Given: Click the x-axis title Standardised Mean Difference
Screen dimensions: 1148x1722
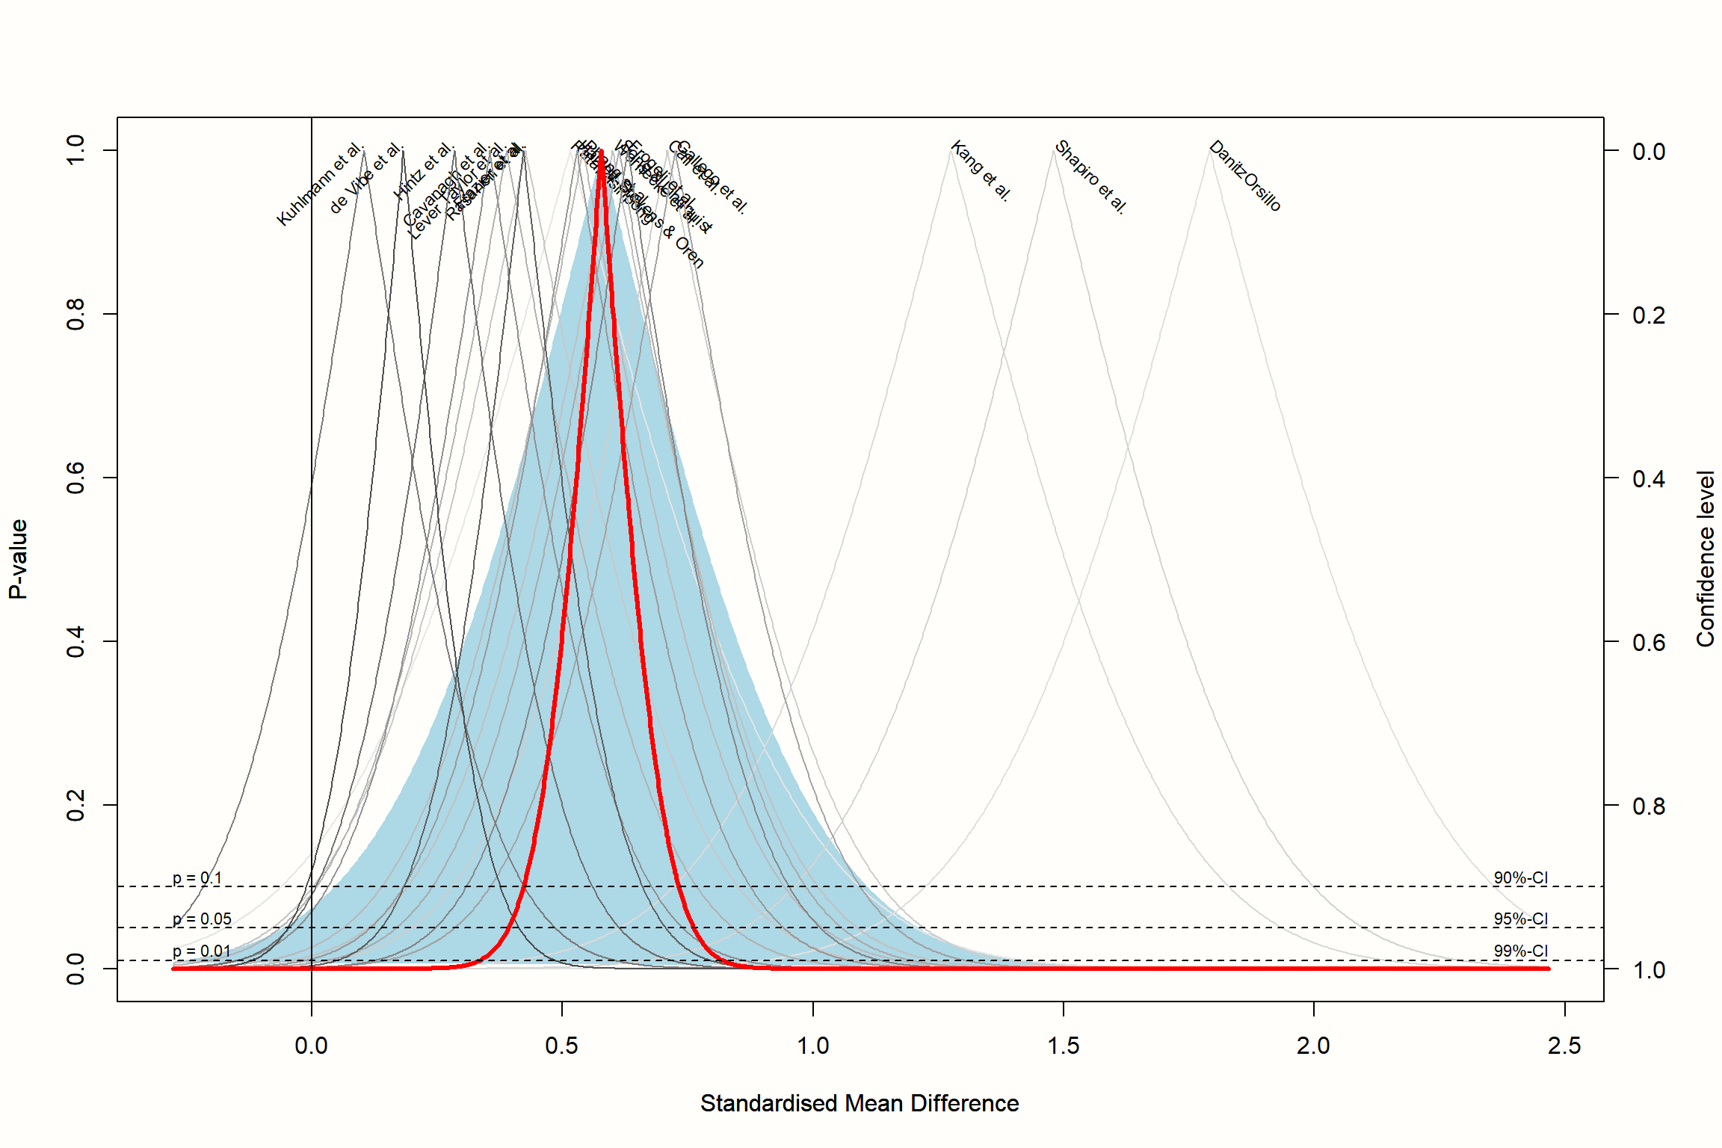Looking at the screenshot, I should pos(860,1103).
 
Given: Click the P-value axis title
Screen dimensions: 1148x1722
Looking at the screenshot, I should pos(18,559).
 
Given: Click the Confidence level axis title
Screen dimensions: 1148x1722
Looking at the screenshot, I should pos(1704,559).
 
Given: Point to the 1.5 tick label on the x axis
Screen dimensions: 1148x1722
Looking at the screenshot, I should pos(1063,1046).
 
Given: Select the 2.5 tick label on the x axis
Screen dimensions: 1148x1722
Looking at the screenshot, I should pos(1564,1046).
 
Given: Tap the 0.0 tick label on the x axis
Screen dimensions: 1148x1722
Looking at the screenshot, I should pos(311,1046).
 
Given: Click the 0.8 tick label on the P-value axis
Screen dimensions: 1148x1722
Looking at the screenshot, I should pos(75,314).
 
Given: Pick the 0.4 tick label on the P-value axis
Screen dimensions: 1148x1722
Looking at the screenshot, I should pos(75,641).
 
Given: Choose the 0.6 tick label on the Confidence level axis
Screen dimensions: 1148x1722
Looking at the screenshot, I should pos(1649,642).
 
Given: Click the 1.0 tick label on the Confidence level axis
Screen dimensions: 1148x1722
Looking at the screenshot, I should pos(1649,970).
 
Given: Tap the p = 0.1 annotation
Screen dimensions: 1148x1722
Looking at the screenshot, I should pos(197,878).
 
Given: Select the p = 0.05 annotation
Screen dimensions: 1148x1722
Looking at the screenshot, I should pos(202,919).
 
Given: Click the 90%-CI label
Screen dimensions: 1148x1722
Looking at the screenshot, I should pos(1520,878).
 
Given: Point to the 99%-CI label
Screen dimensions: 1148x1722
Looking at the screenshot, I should pos(1520,951).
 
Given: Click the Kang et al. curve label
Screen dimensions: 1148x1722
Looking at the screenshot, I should pos(981,171).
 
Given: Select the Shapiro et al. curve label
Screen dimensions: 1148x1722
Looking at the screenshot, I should pos(1090,177).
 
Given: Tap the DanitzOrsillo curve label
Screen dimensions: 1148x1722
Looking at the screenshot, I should pos(1245,176).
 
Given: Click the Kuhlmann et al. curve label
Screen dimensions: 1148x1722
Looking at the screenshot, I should pos(320,185).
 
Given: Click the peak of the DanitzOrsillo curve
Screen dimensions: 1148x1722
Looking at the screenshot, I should pos(1209,150).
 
